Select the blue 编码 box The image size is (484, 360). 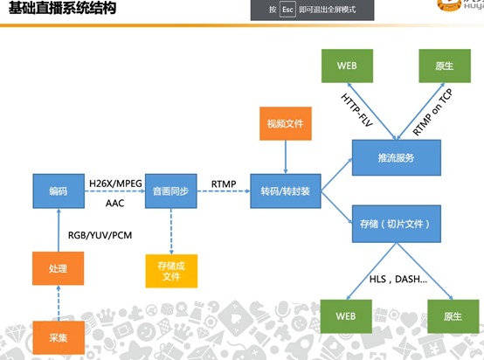59,190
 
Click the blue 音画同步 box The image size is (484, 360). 168,190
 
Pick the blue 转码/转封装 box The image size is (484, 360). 285,190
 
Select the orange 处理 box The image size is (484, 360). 58,268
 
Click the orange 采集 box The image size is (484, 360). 58,336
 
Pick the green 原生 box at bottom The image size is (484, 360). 449,315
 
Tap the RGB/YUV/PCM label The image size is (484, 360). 99,233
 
